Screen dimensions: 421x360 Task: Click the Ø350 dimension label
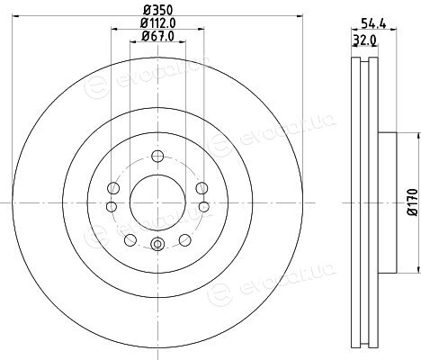157,11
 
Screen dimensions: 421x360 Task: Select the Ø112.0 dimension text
157,23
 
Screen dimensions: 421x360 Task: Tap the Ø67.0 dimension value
157,36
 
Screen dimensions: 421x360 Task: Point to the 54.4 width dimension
373,23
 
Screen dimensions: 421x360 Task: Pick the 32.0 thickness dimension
365,40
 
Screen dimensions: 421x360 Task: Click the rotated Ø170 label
413,202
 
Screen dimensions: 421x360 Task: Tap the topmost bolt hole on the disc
157,156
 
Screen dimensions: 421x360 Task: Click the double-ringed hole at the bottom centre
157,244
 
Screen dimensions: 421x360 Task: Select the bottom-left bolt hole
130,239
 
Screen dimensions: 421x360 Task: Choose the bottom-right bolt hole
184,239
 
